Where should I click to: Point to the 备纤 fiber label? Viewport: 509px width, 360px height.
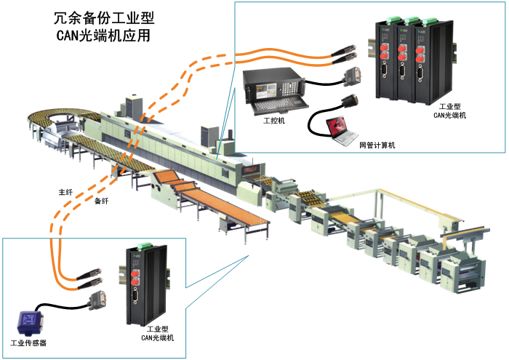(103, 200)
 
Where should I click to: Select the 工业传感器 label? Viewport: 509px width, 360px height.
(28, 342)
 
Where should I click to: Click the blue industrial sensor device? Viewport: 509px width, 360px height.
(28, 321)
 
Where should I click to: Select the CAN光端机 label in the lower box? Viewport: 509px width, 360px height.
(157, 338)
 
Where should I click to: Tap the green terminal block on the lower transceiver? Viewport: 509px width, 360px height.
(136, 249)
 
